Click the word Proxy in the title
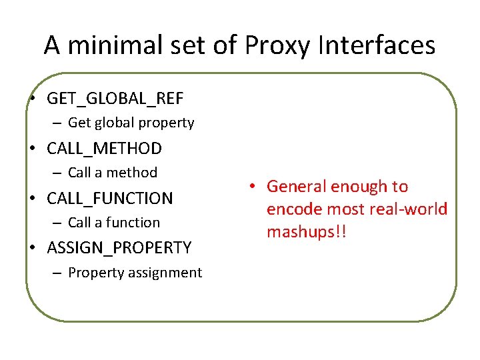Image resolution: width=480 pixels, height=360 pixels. tap(278, 45)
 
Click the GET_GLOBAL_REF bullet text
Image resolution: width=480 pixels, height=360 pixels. tap(115, 99)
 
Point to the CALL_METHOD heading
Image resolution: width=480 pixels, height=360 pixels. tap(104, 148)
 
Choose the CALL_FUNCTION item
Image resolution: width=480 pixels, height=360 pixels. tap(110, 198)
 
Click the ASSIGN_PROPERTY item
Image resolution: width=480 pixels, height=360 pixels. tap(119, 248)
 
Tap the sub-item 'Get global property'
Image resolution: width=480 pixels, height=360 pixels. tap(131, 123)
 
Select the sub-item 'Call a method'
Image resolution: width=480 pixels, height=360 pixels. tap(113, 173)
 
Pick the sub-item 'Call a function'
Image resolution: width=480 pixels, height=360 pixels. tap(114, 223)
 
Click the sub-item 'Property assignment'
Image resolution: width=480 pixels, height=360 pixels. tap(135, 273)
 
